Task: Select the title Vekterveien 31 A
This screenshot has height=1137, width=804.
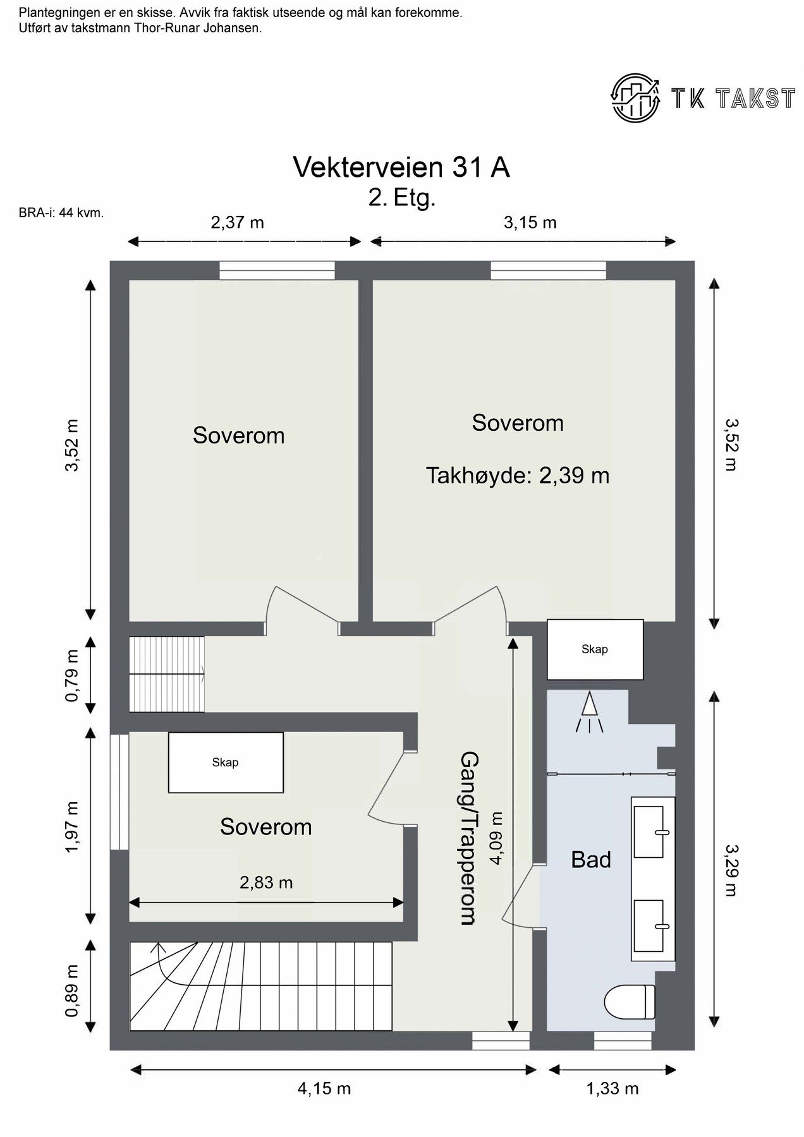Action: pos(401,167)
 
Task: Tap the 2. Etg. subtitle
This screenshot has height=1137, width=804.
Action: pos(402,199)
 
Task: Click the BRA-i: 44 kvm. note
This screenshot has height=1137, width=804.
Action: pos(61,214)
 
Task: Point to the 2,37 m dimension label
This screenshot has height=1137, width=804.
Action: pos(237,222)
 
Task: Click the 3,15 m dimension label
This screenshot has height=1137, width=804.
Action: pos(530,222)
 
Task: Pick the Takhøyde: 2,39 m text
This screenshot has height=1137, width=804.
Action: pos(518,475)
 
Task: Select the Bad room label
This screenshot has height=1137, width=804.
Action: pos(591,860)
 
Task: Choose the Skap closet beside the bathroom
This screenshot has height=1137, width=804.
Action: pos(595,649)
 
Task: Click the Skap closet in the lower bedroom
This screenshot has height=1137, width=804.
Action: pos(226,762)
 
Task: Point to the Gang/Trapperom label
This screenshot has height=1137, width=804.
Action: pos(468,838)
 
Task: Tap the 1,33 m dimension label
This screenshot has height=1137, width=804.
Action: pos(612,1088)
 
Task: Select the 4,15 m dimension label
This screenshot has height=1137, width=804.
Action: pos(324,1088)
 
